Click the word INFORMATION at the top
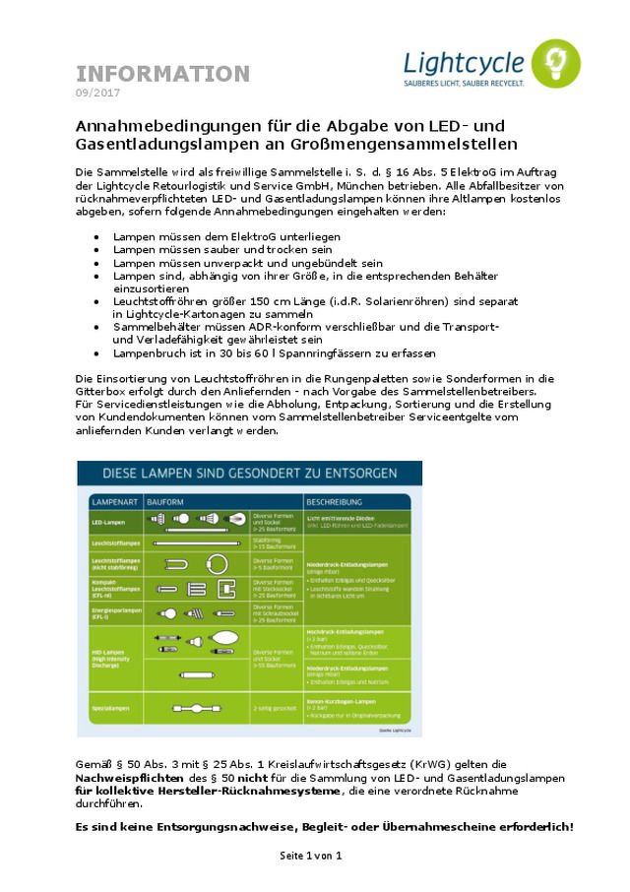coord(163,74)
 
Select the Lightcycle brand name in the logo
coord(464,63)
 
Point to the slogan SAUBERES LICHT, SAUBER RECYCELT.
coord(464,85)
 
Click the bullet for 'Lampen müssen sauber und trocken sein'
coord(95,251)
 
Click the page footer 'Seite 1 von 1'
coord(311,856)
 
